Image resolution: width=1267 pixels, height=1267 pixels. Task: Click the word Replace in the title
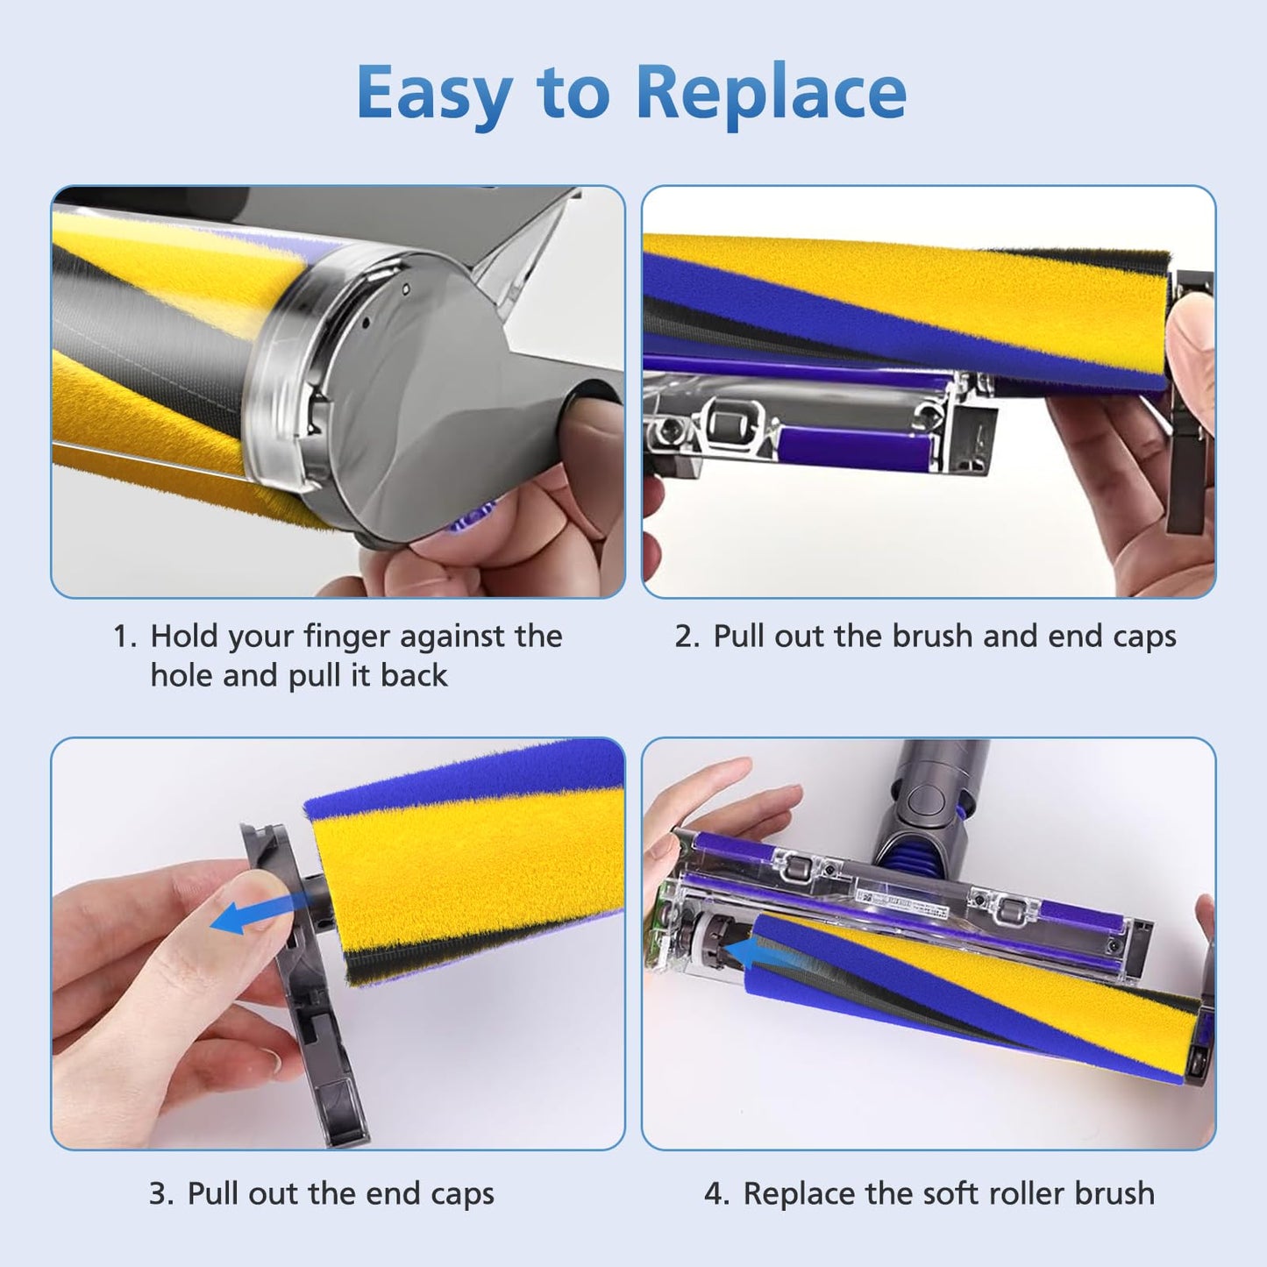(771, 93)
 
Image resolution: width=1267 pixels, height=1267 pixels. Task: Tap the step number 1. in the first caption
(125, 637)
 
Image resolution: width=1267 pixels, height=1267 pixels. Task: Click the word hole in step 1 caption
(182, 676)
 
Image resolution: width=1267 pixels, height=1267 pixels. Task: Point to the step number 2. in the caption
(687, 637)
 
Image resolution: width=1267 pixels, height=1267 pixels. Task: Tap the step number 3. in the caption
(160, 1194)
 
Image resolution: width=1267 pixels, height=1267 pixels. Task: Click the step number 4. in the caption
(716, 1194)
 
